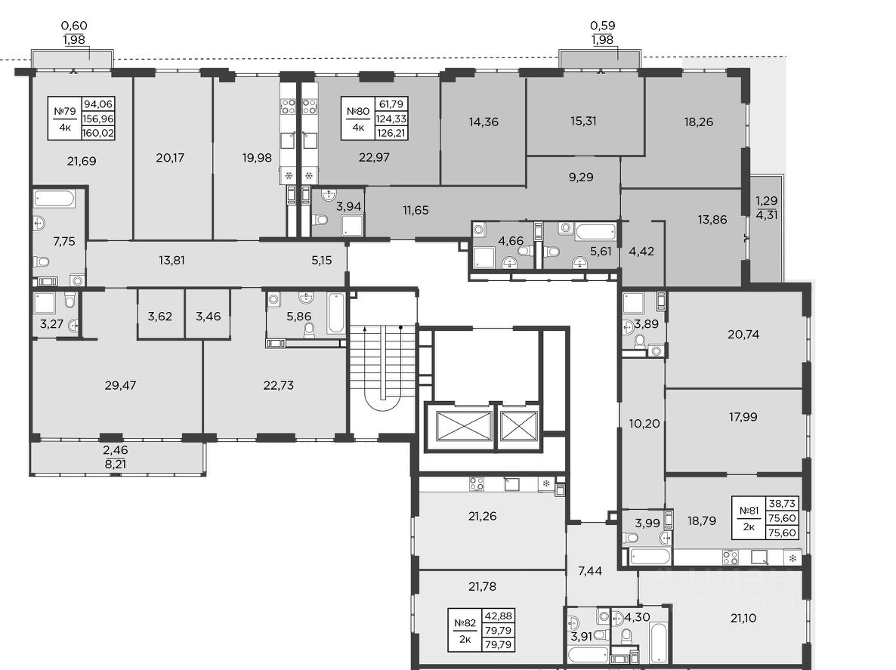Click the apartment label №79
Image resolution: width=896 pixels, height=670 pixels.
(x=64, y=111)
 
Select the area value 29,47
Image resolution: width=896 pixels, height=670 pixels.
(x=121, y=385)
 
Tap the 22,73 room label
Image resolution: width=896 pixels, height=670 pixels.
(x=279, y=385)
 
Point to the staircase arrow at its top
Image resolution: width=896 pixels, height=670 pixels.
(x=365, y=329)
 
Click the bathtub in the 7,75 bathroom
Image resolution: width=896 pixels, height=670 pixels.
(x=54, y=199)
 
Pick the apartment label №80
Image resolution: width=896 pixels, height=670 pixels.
(x=357, y=111)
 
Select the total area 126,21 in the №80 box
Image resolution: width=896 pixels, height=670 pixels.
(x=391, y=133)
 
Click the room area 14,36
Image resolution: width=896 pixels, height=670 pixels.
(x=484, y=122)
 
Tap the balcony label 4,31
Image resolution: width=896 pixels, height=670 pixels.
(x=767, y=215)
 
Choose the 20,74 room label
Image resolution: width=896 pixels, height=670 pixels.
(x=743, y=335)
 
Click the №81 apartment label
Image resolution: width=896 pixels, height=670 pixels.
(x=749, y=511)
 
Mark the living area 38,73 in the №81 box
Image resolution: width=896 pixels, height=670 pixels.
(x=783, y=503)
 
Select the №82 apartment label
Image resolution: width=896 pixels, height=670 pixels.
(x=465, y=623)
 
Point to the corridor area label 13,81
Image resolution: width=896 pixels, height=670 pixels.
(x=171, y=261)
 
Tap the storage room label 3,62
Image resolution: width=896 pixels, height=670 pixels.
(x=160, y=316)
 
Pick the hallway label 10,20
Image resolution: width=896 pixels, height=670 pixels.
(x=644, y=424)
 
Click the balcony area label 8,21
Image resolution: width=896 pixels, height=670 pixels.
(x=116, y=464)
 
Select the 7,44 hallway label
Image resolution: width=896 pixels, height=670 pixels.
(x=590, y=570)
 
